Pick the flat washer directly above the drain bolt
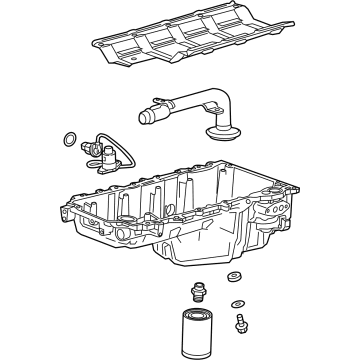(236, 303)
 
